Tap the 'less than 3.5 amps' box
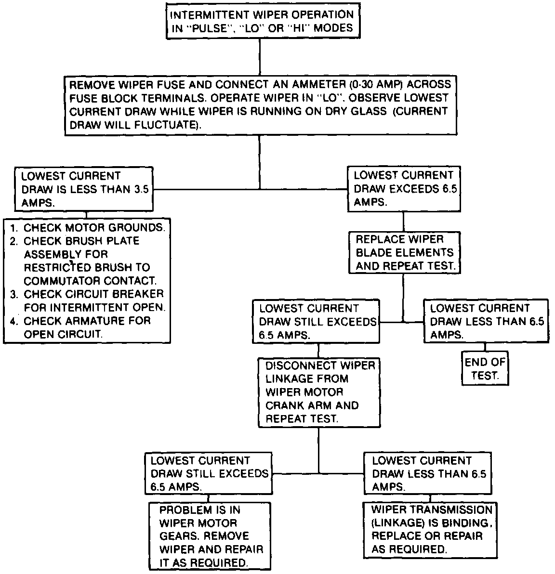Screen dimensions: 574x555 tap(84, 189)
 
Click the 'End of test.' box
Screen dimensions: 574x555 tap(485, 369)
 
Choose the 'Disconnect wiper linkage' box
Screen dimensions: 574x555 tap(319, 392)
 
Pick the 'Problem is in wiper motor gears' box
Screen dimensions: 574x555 tap(209, 536)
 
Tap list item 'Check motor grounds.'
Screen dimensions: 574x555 tap(94, 227)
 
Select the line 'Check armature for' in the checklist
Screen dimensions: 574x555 tap(87, 321)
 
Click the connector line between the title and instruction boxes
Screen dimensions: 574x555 tap(260, 55)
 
